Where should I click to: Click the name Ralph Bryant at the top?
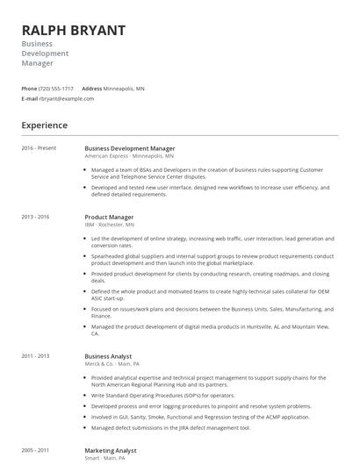click(x=73, y=31)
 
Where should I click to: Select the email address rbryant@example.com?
click(x=67, y=98)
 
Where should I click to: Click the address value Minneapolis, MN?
click(x=125, y=89)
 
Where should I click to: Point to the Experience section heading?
click(x=44, y=125)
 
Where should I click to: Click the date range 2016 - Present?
click(x=39, y=148)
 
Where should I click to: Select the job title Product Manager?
click(x=109, y=217)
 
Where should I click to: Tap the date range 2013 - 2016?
click(x=35, y=217)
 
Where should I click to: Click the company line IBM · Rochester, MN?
click(x=110, y=225)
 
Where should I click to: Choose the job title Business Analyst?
click(x=109, y=356)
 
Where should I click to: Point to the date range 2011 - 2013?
click(x=35, y=356)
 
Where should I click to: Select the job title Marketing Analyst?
click(x=111, y=450)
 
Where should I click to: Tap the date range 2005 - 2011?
click(x=35, y=450)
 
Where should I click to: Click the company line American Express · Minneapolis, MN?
click(x=129, y=156)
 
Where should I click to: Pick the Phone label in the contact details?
click(x=29, y=89)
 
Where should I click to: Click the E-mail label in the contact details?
click(x=29, y=98)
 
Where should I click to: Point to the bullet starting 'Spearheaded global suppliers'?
click(x=212, y=260)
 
